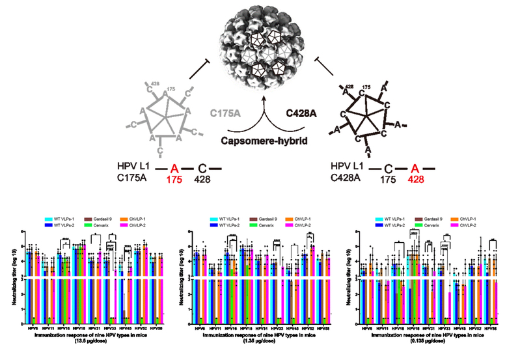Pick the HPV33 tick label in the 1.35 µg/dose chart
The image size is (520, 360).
(277, 329)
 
